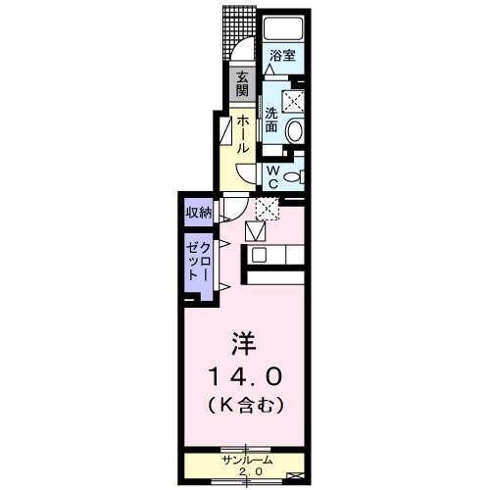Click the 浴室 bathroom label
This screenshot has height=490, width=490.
click(x=282, y=56)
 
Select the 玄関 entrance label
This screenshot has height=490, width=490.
click(x=241, y=85)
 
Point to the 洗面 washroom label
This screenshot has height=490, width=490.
click(x=272, y=120)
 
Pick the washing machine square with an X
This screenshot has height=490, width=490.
click(x=292, y=100)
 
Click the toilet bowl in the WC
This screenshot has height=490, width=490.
click(x=295, y=177)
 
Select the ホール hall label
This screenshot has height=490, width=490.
click(x=242, y=133)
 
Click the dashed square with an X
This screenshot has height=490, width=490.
click(x=266, y=208)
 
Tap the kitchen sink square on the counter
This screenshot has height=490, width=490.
click(x=259, y=255)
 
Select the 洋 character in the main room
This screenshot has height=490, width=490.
click(x=243, y=344)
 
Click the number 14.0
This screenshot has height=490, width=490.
click(x=244, y=375)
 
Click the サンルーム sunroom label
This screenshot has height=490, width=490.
click(x=246, y=460)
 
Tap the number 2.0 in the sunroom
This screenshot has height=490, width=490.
click(x=246, y=471)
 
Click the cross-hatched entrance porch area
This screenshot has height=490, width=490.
click(x=237, y=26)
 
